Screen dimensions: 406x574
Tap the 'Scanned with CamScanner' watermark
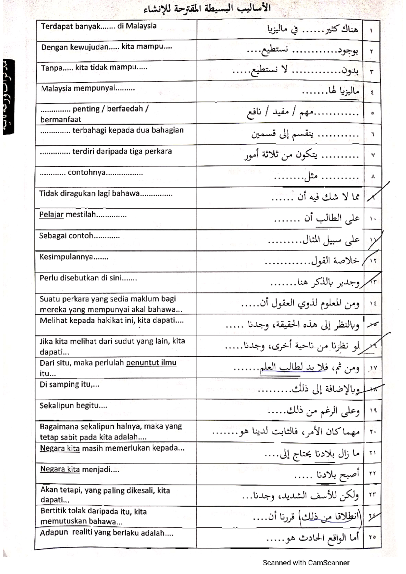[306, 563]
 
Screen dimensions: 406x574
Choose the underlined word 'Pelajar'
[51, 215]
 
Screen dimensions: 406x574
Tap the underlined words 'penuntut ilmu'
[151, 363]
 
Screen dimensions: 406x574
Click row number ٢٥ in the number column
[373, 537]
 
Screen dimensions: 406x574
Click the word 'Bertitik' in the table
[53, 511]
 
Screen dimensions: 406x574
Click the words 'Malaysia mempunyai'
[78, 89]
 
